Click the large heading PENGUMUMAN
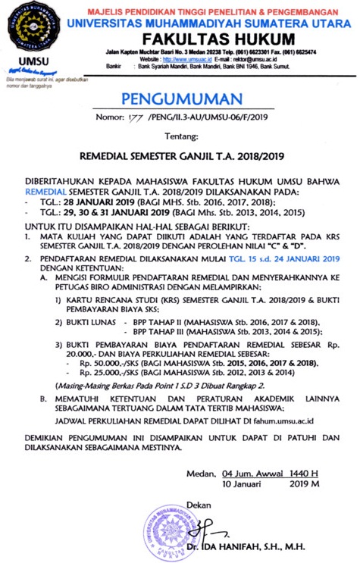click(x=180, y=99)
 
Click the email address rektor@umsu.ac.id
click(x=259, y=58)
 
